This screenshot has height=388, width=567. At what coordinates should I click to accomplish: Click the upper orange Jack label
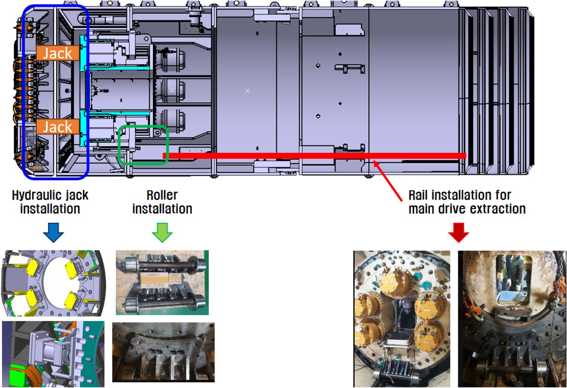pos(57,53)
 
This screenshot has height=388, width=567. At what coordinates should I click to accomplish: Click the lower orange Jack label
pos(57,127)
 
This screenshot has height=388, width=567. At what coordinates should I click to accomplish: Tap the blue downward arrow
pos(53,232)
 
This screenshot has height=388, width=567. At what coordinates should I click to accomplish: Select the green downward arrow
pos(162,232)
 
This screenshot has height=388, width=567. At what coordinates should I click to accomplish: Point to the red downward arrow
pos(458,232)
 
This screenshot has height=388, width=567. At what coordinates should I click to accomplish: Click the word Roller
pos(162,195)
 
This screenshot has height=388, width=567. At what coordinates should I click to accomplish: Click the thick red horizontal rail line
pos(313,155)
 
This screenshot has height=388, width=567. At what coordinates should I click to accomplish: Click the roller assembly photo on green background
pos(162,282)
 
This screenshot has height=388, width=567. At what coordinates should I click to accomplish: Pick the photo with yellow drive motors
pos(401,319)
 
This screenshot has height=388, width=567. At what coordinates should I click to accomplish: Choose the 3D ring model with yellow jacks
pos(53,283)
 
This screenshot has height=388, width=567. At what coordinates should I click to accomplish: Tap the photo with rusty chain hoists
pos(512,319)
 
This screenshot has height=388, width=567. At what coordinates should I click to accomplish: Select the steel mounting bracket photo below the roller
pos(163,352)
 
